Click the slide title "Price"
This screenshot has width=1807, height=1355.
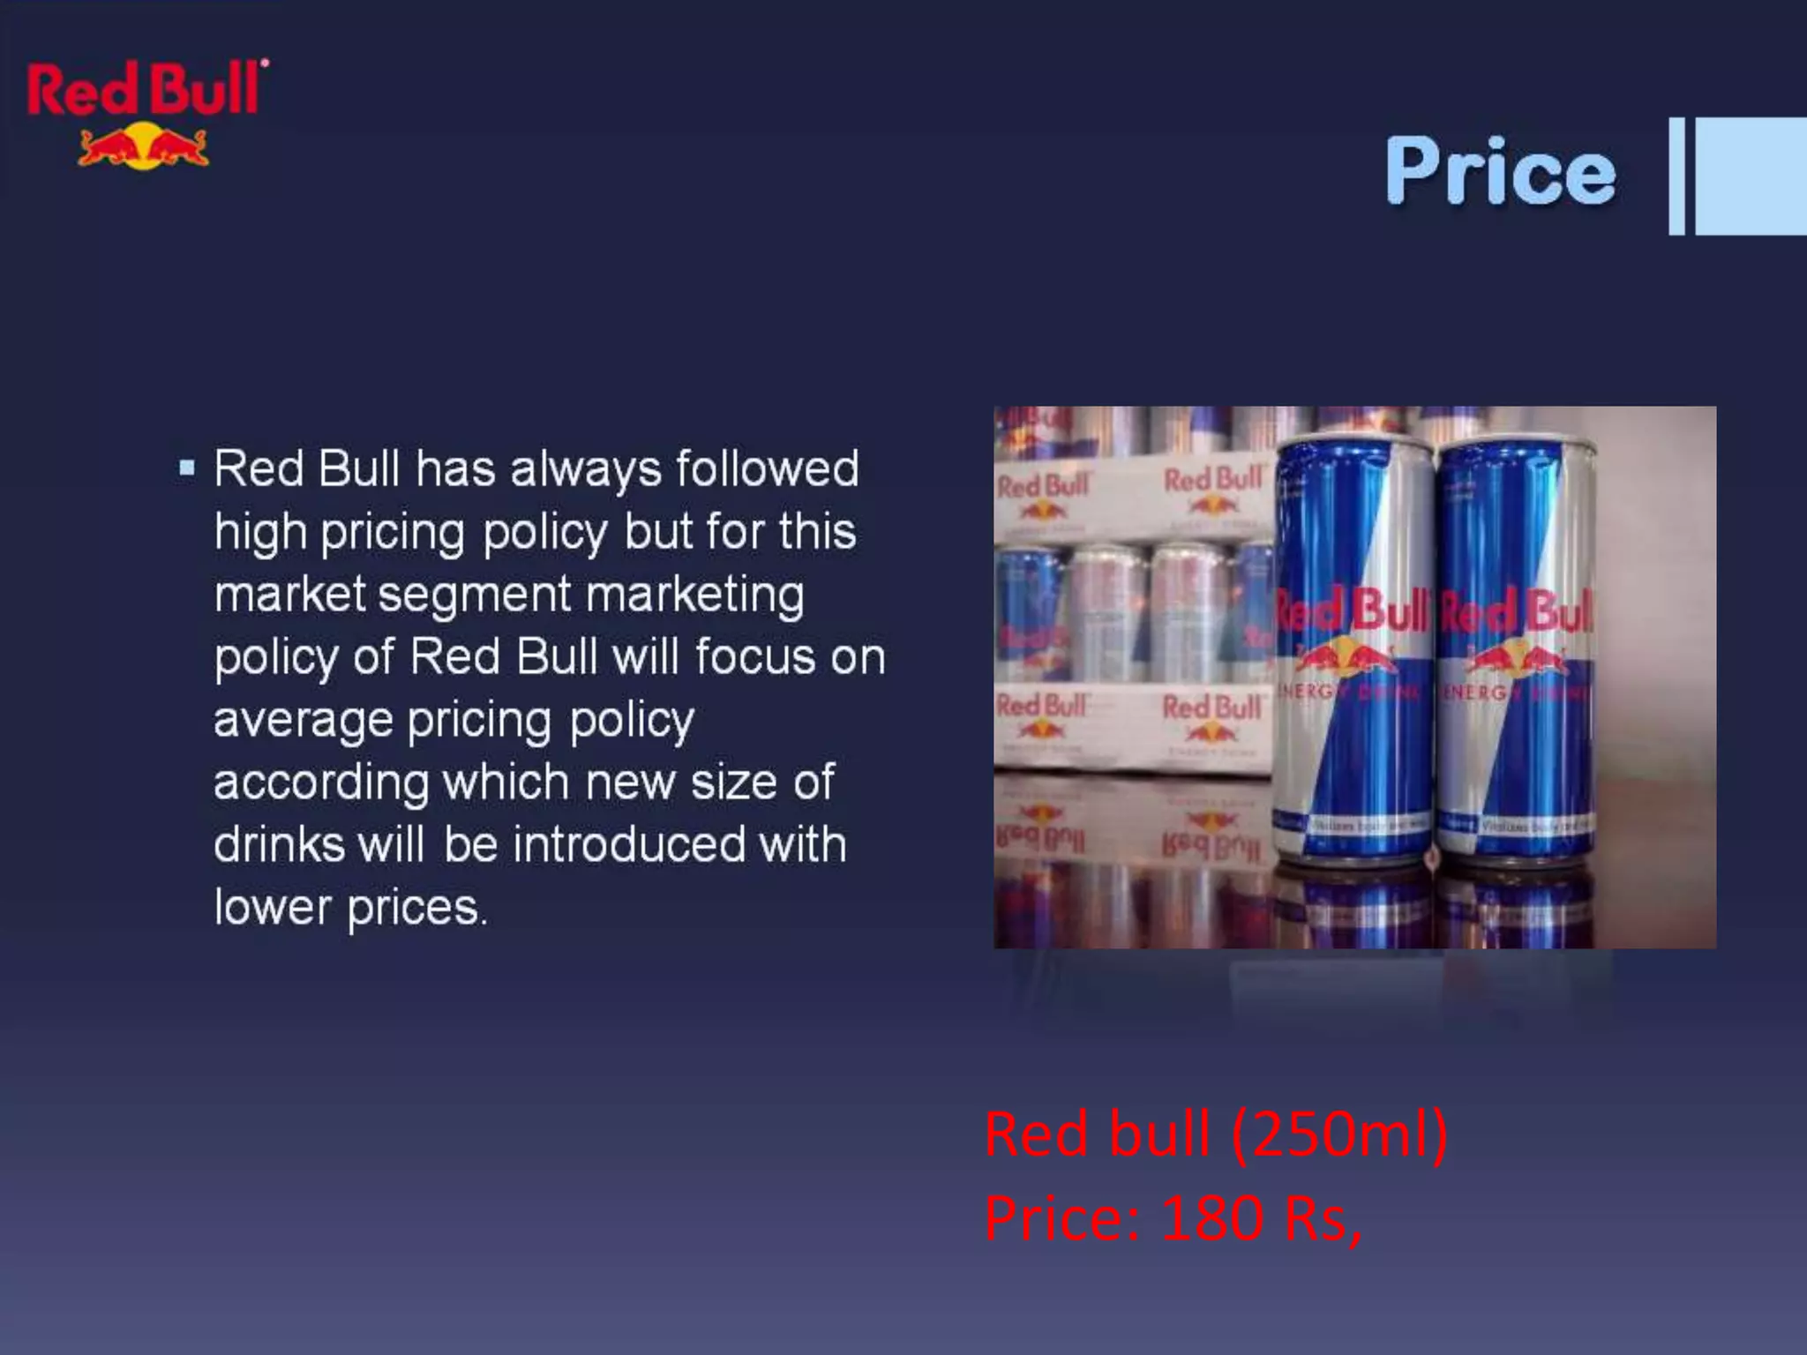pyautogui.click(x=1500, y=172)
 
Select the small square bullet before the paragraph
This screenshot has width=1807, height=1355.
pyautogui.click(x=186, y=468)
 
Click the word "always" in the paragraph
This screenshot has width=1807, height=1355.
pyautogui.click(x=586, y=468)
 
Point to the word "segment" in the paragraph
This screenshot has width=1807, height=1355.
pyautogui.click(x=475, y=595)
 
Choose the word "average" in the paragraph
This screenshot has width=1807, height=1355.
pyautogui.click(x=303, y=721)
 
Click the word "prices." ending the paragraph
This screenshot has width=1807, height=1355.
pyautogui.click(x=416, y=909)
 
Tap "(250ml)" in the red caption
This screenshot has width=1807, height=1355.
pyautogui.click(x=1338, y=1134)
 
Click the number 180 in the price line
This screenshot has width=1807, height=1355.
pyautogui.click(x=1212, y=1219)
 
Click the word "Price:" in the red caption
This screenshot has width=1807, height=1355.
pyautogui.click(x=1063, y=1219)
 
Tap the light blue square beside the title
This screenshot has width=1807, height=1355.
pyautogui.click(x=1751, y=176)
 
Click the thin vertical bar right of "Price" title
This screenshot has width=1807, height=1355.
pyautogui.click(x=1676, y=176)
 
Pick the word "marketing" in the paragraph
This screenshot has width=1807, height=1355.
pyautogui.click(x=695, y=595)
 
